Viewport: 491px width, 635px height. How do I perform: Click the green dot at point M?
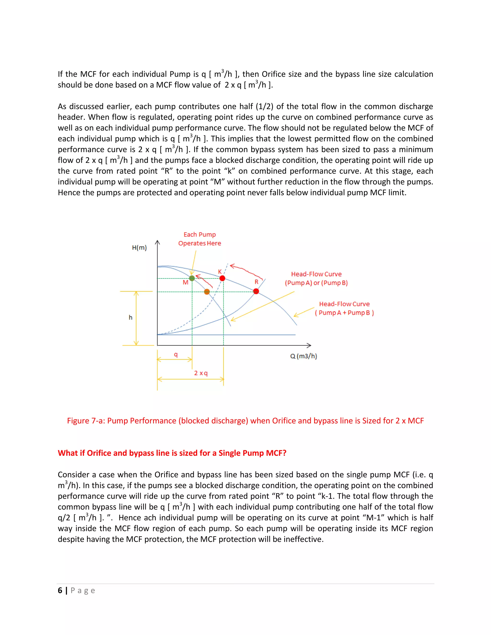(192, 278)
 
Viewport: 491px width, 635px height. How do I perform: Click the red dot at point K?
(222, 278)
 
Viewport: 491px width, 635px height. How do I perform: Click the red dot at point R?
(256, 291)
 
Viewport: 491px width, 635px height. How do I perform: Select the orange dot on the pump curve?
(207, 292)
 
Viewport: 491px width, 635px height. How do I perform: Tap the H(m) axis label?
(139, 248)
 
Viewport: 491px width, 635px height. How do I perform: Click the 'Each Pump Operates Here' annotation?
(199, 239)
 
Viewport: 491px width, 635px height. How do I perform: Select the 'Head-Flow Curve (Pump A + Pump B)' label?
(345, 308)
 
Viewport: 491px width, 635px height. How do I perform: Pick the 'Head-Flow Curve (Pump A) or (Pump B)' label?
(316, 278)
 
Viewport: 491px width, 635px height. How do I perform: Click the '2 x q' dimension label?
(201, 373)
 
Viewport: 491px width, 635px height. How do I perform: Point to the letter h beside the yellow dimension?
(131, 317)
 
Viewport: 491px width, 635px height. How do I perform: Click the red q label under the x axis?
(176, 354)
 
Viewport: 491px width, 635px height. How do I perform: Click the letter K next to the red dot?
(220, 271)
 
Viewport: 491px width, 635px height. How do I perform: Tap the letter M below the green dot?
(185, 282)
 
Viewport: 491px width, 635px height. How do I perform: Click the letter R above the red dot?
(256, 282)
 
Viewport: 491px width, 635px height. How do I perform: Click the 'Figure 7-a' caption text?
(245, 421)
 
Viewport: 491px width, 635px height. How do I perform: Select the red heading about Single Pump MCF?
(172, 453)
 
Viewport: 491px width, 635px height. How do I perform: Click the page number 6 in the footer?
(60, 590)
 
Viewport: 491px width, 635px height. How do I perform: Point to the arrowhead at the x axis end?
(309, 345)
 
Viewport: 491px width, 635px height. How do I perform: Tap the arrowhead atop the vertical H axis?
(157, 242)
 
